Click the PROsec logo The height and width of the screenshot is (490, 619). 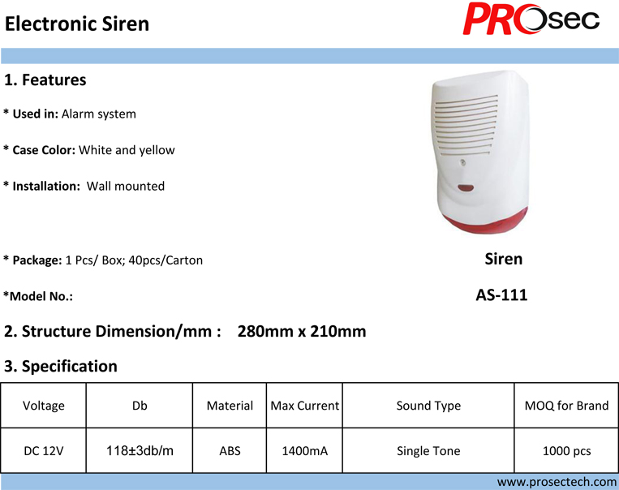(531, 19)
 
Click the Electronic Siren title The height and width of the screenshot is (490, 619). (77, 24)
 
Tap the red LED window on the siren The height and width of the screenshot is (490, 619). (466, 188)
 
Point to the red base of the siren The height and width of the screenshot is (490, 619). (486, 221)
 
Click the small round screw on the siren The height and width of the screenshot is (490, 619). (462, 162)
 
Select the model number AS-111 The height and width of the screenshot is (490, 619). (501, 295)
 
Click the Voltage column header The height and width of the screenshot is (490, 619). (44, 406)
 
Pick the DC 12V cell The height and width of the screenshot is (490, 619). (44, 450)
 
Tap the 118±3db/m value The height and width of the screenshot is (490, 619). (140, 450)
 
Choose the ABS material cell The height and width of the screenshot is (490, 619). (230, 450)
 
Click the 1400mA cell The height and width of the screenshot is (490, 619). (305, 450)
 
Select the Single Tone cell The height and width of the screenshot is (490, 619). (428, 450)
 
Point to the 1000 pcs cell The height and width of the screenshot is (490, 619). (566, 450)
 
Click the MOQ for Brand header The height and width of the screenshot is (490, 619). (566, 406)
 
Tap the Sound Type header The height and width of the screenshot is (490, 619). (428, 406)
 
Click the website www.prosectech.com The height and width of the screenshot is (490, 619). (557, 482)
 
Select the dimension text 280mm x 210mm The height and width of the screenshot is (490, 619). (302, 331)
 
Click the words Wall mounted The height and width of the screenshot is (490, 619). (126, 186)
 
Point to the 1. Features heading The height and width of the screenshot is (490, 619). (45, 80)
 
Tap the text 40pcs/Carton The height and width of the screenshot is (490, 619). (165, 260)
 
